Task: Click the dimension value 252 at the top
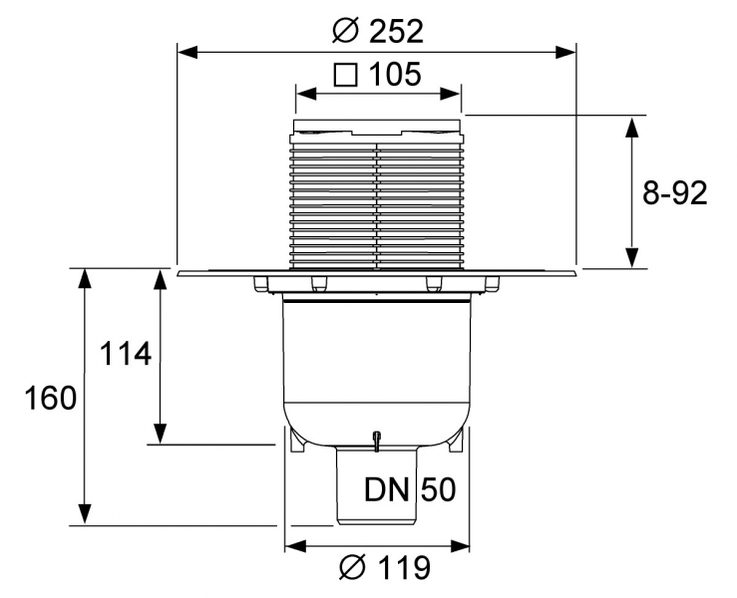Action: [x=396, y=31]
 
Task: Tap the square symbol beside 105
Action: [x=345, y=74]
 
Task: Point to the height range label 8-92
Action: [x=674, y=192]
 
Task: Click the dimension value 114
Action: [x=124, y=354]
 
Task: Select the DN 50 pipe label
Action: [x=408, y=489]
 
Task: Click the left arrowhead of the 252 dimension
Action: [x=184, y=48]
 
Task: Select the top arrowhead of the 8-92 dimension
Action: [x=630, y=124]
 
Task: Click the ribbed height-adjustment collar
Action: [x=377, y=204]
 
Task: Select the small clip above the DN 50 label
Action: [x=377, y=439]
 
